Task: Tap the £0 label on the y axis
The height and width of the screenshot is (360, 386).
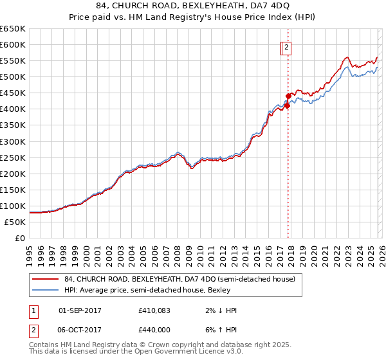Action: click(x=19, y=238)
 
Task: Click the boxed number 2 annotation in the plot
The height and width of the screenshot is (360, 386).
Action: click(x=286, y=46)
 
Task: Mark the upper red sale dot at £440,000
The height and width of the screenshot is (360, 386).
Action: click(x=288, y=96)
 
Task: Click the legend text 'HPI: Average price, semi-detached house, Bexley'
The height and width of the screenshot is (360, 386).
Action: click(x=152, y=291)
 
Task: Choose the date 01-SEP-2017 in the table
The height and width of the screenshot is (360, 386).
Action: click(x=80, y=310)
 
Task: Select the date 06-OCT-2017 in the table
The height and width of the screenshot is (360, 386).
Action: click(x=80, y=329)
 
